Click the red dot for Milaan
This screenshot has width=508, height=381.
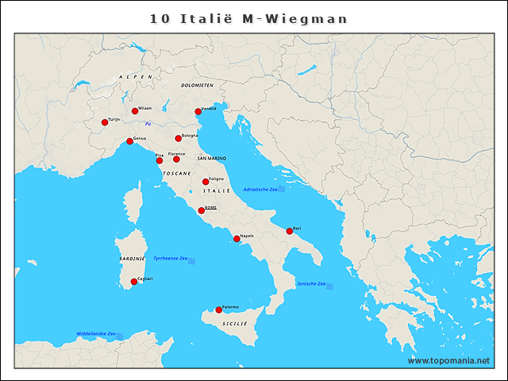pos(135,111)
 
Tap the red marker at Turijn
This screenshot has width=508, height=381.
pos(105,122)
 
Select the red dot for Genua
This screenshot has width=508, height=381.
pos(130,141)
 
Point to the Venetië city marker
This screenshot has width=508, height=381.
pos(198,112)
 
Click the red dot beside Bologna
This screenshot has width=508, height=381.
pos(179,138)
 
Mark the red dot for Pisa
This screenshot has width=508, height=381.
pos(160,160)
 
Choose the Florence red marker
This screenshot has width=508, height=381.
pos(177,159)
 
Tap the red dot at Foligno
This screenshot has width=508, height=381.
pos(206,182)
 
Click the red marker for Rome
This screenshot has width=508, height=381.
pos(202,210)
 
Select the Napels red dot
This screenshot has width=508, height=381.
pos(237,238)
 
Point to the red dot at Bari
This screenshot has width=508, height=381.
pos(290,231)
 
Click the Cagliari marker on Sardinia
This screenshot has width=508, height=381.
pos(134,282)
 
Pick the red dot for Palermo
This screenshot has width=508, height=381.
pos(219,310)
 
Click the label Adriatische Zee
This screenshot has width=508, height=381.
pos(260,189)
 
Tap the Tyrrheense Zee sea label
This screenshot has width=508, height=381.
pos(170,258)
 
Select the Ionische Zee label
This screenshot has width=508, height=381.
pos(311,284)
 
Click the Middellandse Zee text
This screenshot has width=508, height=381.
pos(96,333)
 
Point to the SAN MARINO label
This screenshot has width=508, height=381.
pos(212,159)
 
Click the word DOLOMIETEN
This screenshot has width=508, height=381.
pos(197,85)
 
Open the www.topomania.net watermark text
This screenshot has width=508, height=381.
pos(448,360)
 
